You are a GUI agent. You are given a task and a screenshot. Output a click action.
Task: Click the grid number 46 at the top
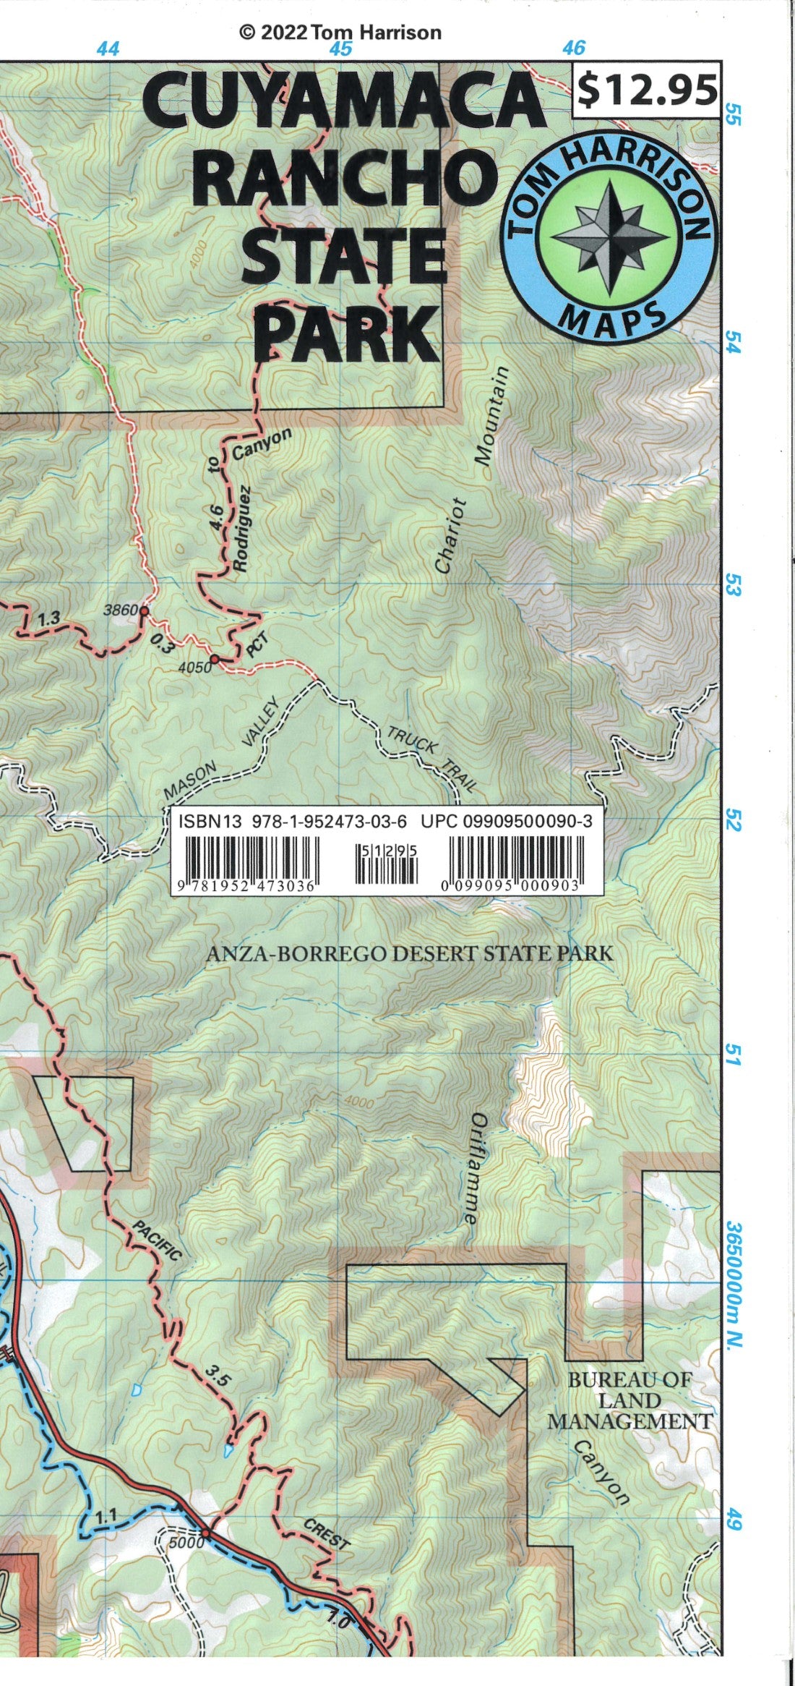pos(573,48)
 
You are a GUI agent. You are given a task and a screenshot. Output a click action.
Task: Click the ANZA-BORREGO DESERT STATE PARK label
pos(409,953)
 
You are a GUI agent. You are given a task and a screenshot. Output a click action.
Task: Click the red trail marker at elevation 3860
pos(144,611)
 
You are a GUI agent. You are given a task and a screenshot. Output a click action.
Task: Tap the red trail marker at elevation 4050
pos(215,659)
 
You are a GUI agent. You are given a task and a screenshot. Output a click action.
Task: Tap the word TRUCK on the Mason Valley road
pos(412,741)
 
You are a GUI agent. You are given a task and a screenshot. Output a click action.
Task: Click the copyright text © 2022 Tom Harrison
pos(340,32)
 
